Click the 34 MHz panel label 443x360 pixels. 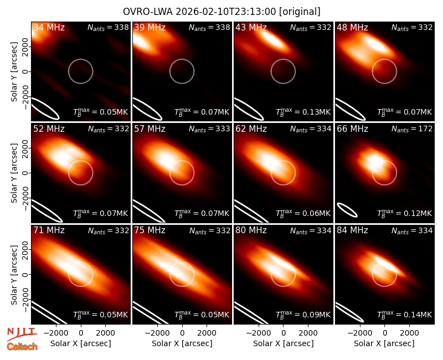coord(49,27)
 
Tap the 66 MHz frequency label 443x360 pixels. coord(352,129)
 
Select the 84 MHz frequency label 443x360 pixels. coord(352,230)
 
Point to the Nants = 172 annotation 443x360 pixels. coord(412,129)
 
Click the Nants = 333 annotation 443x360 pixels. coord(209,129)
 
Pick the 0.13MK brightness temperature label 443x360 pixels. coord(303,112)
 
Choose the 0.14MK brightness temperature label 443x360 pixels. coord(405,315)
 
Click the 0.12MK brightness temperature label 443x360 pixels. coord(405,213)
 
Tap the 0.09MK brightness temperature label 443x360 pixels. coord(303,315)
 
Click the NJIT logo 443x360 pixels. coord(22,333)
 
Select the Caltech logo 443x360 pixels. coord(22,347)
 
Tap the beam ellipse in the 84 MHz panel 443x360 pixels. coord(349,312)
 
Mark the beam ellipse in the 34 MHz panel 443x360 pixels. coord(45,108)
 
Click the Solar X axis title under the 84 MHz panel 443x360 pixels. coord(384,343)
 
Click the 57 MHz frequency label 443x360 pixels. coord(150,129)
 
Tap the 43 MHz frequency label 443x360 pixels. coord(251,27)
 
